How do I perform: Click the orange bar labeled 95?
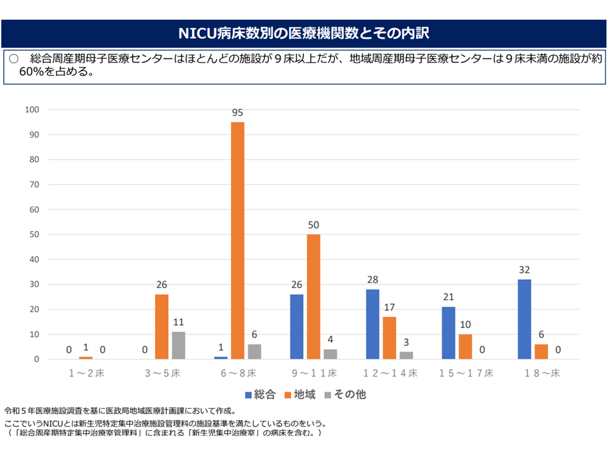coord(237,241)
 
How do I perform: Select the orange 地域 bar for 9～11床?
coord(313,296)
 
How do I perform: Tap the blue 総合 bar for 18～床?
coord(524,319)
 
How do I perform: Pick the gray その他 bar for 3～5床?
coord(178,345)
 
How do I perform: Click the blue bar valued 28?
coord(372,324)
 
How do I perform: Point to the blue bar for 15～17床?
coord(449,333)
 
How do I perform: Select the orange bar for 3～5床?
coord(162,327)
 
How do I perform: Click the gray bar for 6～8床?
coord(254,352)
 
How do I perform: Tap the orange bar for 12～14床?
coord(389,338)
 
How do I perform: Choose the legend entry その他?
coord(345,394)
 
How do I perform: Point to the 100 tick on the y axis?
coord(32,110)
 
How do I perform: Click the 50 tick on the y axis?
coord(34,234)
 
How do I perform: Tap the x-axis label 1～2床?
coord(86,373)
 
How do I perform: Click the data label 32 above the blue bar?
coord(524,270)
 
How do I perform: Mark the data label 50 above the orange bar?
coord(313,225)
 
